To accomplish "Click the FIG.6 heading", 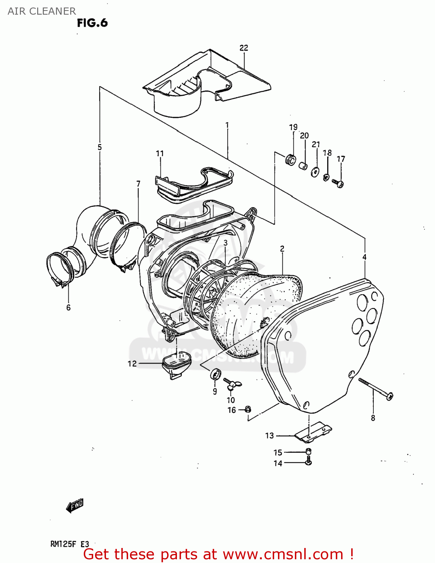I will pos(92,23).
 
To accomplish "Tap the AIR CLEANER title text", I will pos(42,11).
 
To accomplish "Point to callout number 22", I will pos(244,48).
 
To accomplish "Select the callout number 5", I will pos(100,147).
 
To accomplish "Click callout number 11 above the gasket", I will pos(160,153).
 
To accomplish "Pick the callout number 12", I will pos(132,363).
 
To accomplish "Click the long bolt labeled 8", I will pos(376,388).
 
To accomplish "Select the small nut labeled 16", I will pos(248,409).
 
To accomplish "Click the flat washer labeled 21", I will pos(315,172).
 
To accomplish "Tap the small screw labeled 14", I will pos(308,462).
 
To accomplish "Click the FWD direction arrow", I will pos(75,506).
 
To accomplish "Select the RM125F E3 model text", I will pos(70,544).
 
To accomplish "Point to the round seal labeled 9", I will pos(215,374).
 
